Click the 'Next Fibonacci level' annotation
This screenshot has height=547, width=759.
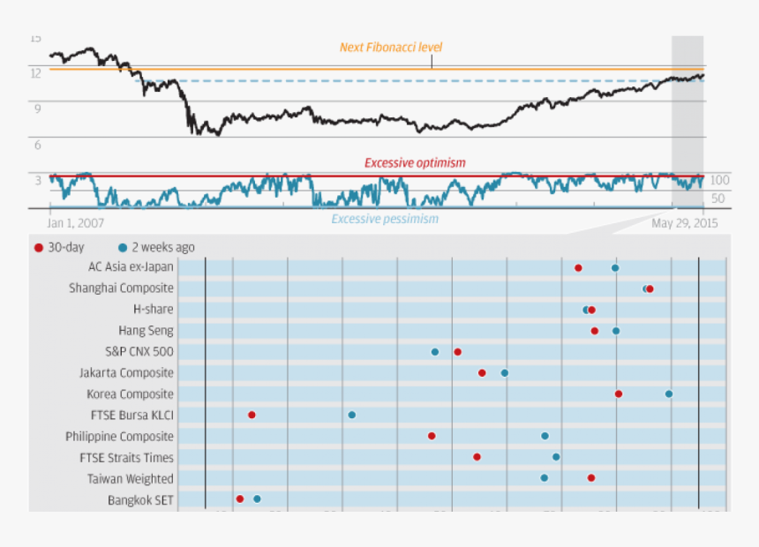tap(391, 48)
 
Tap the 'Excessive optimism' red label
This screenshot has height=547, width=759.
tap(415, 163)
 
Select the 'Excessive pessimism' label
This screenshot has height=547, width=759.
tap(385, 219)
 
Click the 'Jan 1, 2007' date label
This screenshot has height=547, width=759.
tap(76, 224)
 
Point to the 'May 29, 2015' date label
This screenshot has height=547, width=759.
tap(685, 224)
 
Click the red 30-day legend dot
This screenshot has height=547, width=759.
tap(38, 248)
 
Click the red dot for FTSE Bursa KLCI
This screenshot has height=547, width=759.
tap(252, 415)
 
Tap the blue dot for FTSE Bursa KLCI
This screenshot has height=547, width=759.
tap(352, 415)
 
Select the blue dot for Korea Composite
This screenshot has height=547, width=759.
tap(669, 393)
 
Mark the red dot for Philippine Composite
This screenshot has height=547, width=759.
tap(432, 436)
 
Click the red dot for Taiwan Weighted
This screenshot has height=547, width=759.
tap(591, 478)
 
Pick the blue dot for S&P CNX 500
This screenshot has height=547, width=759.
tap(435, 352)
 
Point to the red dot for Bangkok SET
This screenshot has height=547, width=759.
tap(240, 499)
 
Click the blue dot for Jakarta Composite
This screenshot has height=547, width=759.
tap(505, 373)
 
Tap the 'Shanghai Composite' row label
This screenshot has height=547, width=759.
tap(121, 288)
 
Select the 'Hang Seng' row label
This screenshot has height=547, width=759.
tap(146, 331)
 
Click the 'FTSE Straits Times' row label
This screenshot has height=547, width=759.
tap(126, 458)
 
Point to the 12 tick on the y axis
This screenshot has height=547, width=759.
tap(36, 73)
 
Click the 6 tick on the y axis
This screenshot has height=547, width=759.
tap(37, 145)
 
